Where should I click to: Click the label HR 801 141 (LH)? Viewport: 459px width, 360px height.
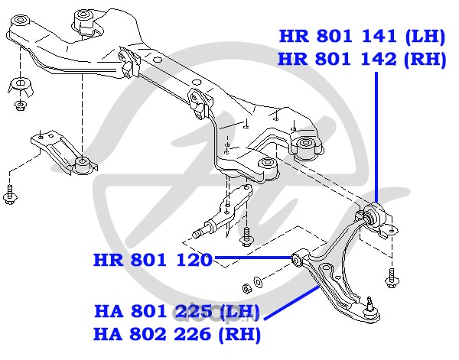tap(362, 37)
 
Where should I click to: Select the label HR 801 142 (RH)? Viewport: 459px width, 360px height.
tap(362, 60)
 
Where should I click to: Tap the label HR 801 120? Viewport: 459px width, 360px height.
tap(152, 260)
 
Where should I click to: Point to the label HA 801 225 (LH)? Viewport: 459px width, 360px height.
tap(177, 311)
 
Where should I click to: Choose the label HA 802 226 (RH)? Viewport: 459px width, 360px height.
tap(177, 334)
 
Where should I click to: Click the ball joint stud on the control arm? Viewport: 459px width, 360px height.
tap(370, 303)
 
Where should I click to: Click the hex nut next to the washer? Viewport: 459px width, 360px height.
tap(247, 288)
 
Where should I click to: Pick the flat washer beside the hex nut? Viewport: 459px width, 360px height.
tap(258, 281)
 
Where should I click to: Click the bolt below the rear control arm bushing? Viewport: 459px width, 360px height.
tap(391, 278)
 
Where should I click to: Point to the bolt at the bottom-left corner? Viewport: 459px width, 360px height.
tap(10, 194)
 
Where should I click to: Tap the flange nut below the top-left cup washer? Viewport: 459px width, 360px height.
tap(20, 106)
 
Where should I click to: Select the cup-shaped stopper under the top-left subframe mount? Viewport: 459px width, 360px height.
tap(20, 86)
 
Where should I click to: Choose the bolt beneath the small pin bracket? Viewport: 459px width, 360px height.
tap(246, 237)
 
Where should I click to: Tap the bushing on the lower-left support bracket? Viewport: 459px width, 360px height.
tap(83, 164)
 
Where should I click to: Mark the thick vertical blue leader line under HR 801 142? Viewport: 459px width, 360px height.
tap(376, 138)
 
